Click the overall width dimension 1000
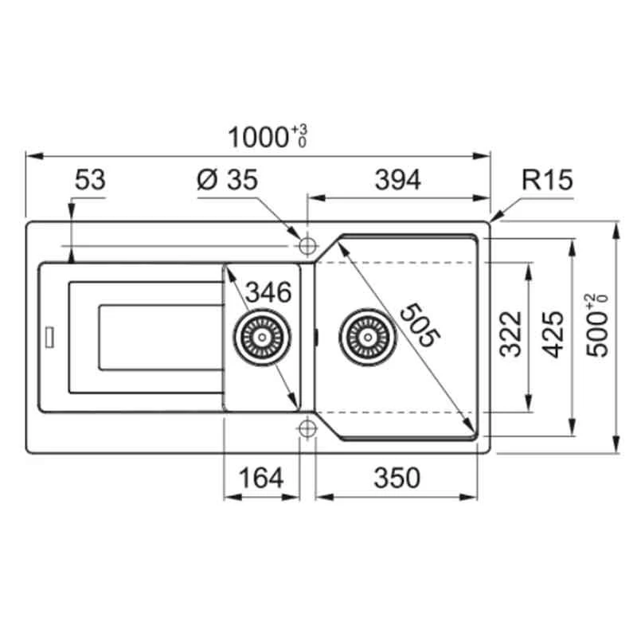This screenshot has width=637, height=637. (258, 137)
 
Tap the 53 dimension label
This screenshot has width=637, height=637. (90, 180)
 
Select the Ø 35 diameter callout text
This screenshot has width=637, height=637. (227, 180)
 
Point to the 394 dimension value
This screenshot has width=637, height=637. (397, 180)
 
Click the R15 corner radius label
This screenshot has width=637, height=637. (547, 180)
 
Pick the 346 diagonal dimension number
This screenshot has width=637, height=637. (268, 292)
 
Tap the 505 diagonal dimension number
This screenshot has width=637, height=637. (420, 325)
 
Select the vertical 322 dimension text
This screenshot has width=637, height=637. (510, 334)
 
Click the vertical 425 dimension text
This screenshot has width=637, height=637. (553, 334)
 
